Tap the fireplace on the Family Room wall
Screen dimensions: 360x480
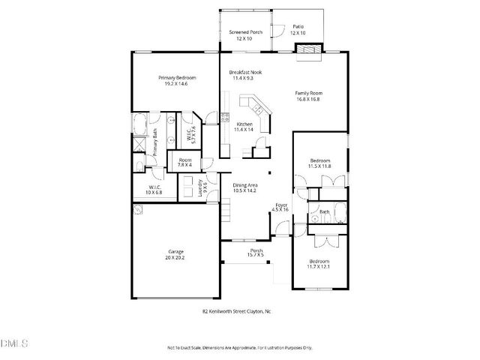point(307,50)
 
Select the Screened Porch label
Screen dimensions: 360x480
point(245,32)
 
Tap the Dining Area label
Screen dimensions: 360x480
point(245,185)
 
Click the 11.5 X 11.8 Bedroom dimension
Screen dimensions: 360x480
point(320,166)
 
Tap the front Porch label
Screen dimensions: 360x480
point(256,251)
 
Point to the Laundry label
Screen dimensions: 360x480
point(200,187)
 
